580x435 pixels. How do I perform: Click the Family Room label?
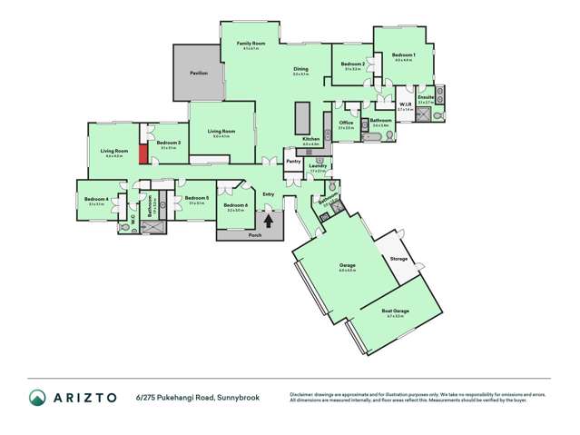click(251, 44)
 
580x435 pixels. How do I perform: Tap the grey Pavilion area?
click(199, 73)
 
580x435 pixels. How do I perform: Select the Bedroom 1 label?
click(404, 55)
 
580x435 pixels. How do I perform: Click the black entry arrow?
click(268, 219)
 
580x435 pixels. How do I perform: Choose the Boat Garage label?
click(395, 311)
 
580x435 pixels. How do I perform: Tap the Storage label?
click(398, 260)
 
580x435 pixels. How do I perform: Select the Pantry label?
click(292, 162)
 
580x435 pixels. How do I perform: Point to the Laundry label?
click(318, 165)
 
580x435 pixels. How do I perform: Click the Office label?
click(346, 123)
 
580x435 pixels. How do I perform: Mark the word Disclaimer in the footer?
click(302, 393)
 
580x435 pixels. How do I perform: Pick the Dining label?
click(300, 70)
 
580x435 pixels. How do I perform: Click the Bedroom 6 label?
click(235, 204)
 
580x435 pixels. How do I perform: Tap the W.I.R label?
click(405, 104)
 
